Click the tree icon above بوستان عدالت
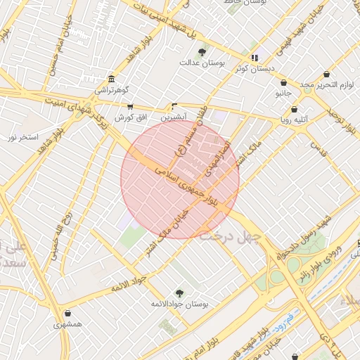point(202,52)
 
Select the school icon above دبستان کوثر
point(255,58)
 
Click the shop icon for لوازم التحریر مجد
point(327,75)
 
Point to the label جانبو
point(283,93)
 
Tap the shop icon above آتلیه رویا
point(294,109)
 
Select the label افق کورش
point(130,117)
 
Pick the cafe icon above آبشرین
point(174,106)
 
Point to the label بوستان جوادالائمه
point(179,304)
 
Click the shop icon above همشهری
point(67,314)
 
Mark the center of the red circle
point(181,179)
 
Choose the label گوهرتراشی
point(112,91)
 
